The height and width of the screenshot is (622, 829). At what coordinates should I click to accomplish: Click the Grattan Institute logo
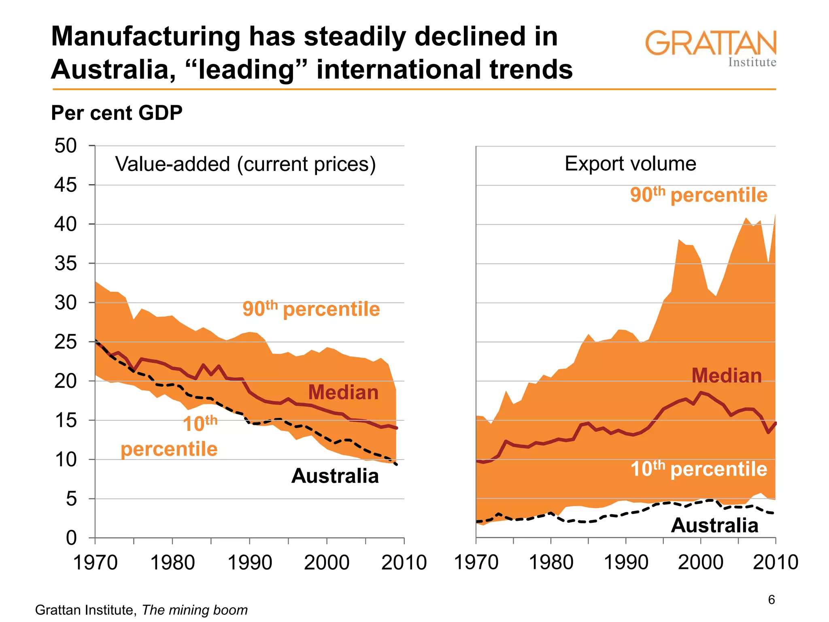711,48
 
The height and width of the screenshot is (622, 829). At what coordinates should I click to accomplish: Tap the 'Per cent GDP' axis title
117,113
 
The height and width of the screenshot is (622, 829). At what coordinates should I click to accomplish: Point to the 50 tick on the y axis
66,146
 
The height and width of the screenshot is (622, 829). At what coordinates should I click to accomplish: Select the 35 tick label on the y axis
66,264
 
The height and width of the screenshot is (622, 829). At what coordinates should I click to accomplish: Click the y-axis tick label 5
71,499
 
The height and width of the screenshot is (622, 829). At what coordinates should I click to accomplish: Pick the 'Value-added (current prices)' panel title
245,164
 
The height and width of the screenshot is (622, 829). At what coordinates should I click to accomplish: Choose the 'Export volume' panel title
630,164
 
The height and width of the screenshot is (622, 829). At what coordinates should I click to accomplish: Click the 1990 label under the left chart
250,562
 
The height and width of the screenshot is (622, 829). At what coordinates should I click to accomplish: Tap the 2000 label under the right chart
700,562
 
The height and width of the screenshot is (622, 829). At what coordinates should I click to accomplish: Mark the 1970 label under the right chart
476,562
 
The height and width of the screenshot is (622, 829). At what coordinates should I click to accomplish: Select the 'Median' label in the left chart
343,392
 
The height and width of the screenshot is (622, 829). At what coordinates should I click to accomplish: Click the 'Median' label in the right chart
726,375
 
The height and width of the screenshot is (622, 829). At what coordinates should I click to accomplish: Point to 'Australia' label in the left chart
335,476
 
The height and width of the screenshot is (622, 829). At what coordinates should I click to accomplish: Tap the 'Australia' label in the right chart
714,526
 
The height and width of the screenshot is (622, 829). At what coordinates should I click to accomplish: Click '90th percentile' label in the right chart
699,195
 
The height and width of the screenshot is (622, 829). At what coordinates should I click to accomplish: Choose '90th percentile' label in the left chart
311,309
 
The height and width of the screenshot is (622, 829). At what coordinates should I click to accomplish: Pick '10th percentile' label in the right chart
699,469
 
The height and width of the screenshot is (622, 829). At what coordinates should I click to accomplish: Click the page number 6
772,600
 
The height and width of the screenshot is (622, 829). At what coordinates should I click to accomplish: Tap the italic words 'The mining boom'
195,610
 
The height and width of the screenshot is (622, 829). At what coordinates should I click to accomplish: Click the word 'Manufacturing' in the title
146,36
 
